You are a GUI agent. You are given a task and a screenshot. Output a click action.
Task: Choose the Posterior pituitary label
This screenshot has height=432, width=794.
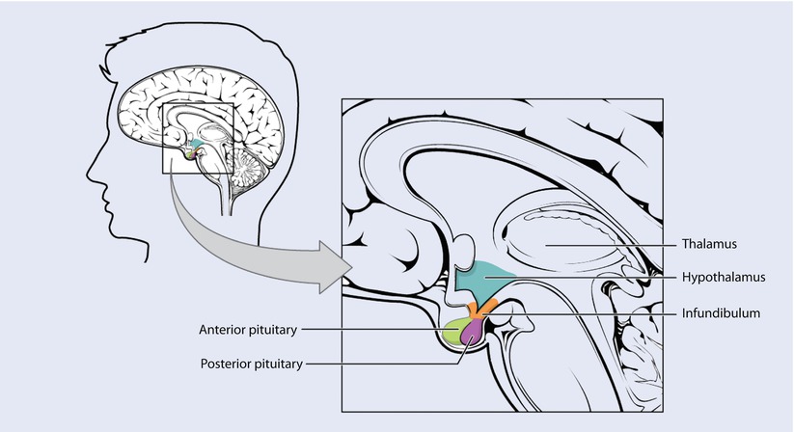(x=251, y=364)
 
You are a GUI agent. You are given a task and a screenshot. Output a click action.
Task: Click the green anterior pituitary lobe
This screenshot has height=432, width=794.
(x=452, y=331)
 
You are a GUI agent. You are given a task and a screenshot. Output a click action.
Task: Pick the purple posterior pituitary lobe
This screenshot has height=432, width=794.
(x=473, y=332)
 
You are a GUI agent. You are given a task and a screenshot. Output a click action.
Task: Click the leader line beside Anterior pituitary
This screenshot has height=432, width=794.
(x=376, y=329)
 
